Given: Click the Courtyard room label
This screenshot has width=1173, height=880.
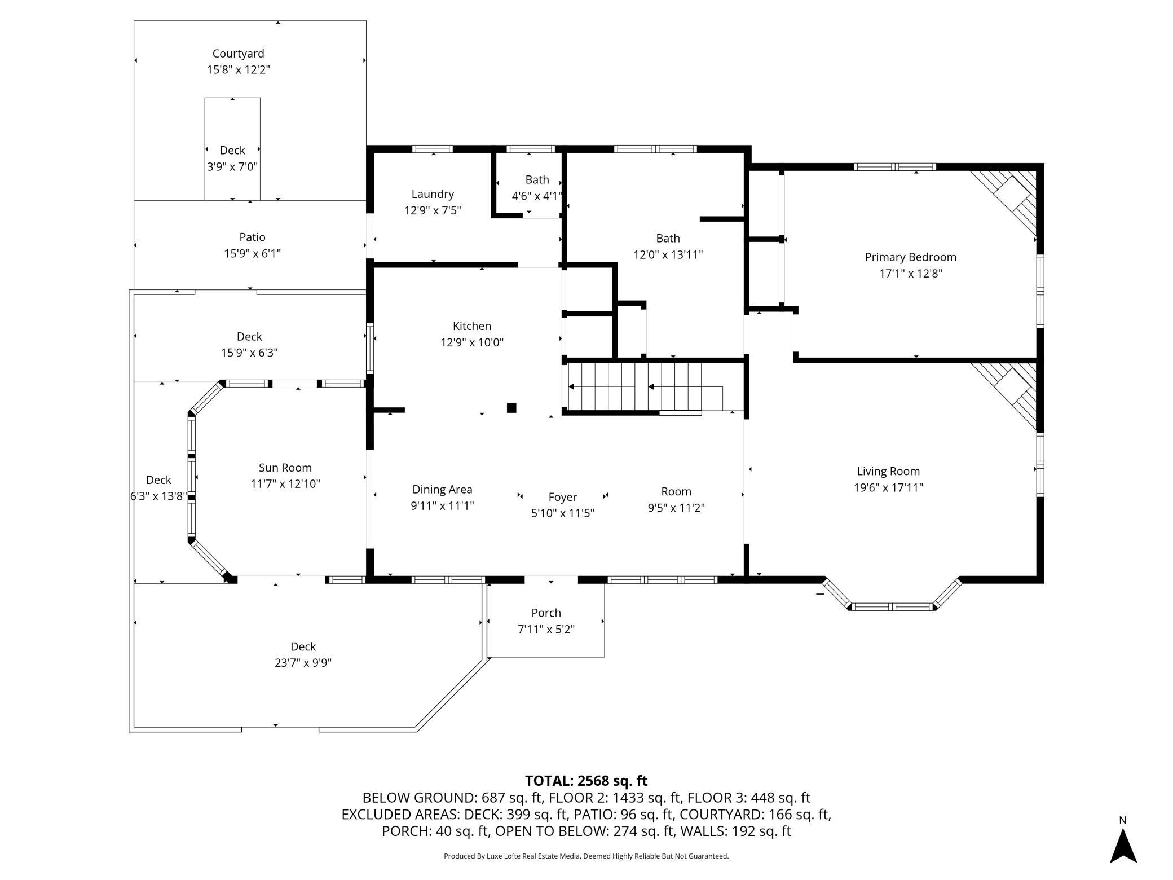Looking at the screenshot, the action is [x=238, y=54].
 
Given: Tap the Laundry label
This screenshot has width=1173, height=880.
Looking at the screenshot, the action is [x=433, y=194].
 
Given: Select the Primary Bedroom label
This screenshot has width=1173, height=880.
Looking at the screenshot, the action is [x=911, y=257].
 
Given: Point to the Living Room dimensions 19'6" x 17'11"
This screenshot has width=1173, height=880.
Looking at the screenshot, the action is [x=888, y=487].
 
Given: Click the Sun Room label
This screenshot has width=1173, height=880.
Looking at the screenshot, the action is [x=285, y=468].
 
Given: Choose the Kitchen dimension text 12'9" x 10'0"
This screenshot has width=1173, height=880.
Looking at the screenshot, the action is [x=472, y=342].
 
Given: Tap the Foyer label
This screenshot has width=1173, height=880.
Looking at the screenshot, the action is [x=563, y=497].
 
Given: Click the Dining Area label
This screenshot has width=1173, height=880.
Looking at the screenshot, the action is [x=442, y=490].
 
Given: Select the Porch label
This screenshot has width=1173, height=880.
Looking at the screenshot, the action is [x=546, y=613].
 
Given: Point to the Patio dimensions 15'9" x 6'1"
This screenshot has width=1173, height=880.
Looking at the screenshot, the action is [x=252, y=253].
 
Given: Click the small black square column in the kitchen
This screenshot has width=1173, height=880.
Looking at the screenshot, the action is [x=511, y=408].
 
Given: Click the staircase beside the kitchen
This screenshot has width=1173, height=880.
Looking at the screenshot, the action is [x=646, y=387].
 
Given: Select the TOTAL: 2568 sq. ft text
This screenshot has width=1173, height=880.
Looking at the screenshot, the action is [x=586, y=781].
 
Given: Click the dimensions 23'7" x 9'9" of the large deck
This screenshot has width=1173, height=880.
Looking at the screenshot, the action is [x=303, y=663].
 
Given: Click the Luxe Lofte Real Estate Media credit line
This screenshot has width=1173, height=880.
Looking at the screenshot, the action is [x=586, y=856].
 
